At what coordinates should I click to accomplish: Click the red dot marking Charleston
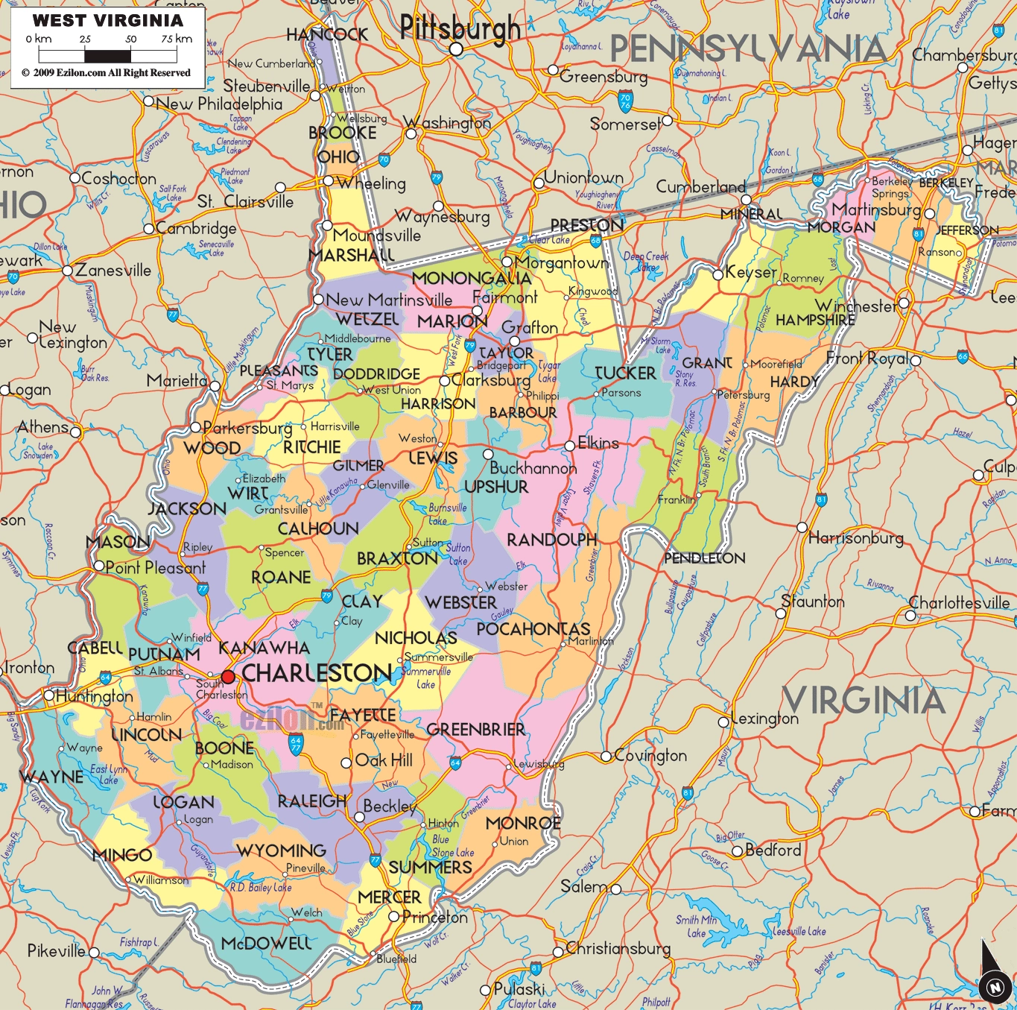tap(228, 676)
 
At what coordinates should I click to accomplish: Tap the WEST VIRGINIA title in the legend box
tap(107, 21)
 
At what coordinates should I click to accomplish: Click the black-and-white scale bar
tap(107, 56)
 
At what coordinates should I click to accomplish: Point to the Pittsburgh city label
tap(460, 28)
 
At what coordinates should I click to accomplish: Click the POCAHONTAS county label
tap(533, 629)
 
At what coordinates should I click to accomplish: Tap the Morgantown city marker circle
tap(507, 262)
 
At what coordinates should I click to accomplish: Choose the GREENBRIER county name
tap(475, 730)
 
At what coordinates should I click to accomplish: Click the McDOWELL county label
tap(266, 944)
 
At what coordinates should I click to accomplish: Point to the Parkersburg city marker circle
tap(195, 427)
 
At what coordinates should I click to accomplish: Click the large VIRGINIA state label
tap(863, 701)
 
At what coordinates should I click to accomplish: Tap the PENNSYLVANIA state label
tap(748, 50)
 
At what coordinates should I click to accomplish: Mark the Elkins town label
tap(598, 444)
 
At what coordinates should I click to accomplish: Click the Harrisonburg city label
tap(855, 537)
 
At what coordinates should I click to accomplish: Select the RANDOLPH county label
tap(551, 540)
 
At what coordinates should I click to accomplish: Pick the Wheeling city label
tap(371, 183)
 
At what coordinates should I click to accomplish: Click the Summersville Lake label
tap(426, 678)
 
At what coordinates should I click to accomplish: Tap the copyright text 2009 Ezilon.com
tap(106, 73)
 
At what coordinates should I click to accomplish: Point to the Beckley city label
tap(389, 807)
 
